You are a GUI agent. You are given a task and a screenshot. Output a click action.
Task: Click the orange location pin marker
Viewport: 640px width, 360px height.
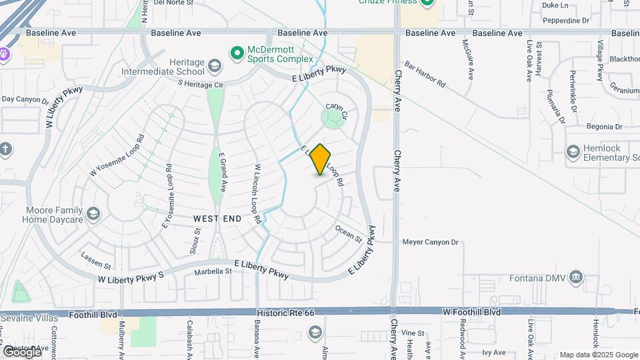click(321, 159)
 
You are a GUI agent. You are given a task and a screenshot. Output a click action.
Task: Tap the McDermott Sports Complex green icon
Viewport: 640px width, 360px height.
click(237, 52)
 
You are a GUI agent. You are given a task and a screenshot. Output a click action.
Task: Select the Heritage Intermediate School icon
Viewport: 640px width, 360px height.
click(215, 65)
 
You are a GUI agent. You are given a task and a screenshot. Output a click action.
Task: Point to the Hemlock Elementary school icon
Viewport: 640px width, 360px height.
click(573, 151)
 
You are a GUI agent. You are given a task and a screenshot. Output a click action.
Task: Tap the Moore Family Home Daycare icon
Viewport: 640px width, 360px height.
click(93, 213)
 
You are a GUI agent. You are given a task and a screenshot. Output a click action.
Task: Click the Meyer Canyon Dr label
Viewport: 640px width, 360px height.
click(431, 242)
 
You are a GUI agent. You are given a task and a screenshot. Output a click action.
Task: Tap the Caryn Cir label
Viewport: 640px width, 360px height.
click(337, 111)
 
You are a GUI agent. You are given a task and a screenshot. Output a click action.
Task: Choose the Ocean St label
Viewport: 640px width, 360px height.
click(349, 234)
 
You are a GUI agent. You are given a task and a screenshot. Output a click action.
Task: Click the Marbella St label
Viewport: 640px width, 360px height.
click(213, 271)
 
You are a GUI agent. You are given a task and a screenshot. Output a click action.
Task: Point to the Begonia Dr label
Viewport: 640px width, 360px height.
click(604, 127)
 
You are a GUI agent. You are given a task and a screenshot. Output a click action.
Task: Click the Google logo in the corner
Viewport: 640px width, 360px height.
click(21, 351)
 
